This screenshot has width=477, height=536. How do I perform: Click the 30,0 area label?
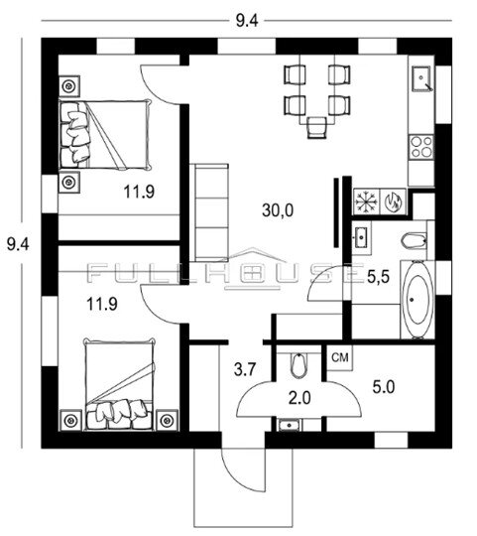[278, 210]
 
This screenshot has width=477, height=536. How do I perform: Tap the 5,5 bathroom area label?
[378, 277]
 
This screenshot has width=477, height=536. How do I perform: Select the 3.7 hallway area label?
[245, 369]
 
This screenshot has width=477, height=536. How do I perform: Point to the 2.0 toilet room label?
[299, 398]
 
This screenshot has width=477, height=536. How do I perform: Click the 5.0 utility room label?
[384, 387]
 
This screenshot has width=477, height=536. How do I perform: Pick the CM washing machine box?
[340, 358]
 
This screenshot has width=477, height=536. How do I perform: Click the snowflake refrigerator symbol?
[366, 201]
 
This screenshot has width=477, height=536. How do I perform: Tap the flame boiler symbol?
[393, 201]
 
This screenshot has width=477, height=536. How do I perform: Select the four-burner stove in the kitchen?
[421, 147]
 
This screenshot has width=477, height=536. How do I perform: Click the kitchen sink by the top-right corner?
[422, 79]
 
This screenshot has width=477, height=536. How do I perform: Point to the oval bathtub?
[417, 300]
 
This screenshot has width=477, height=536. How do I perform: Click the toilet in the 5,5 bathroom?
[415, 240]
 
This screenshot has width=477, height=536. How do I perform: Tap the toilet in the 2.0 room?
[298, 365]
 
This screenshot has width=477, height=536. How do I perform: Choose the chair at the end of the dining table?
[317, 127]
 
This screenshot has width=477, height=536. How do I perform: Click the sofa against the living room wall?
[209, 212]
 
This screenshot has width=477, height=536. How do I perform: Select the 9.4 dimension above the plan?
[247, 21]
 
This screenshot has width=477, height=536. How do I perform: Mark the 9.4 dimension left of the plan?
[18, 245]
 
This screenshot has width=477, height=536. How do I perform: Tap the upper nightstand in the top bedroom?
[69, 86]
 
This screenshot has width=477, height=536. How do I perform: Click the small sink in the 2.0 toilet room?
[290, 426]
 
